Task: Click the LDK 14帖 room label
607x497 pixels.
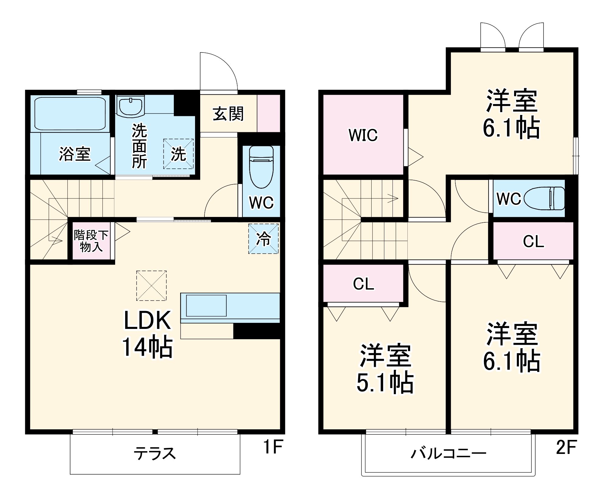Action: [148, 334]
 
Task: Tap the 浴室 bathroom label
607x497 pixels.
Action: [75, 154]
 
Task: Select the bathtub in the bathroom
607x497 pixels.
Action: [70, 113]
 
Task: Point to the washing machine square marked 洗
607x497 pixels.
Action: [178, 154]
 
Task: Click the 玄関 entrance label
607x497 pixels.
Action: [228, 114]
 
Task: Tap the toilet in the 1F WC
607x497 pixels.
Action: [261, 170]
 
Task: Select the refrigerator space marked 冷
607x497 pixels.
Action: [263, 239]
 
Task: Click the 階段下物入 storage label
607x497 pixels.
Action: [91, 241]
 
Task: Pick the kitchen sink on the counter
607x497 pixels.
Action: [206, 305]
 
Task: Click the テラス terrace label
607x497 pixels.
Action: [155, 454]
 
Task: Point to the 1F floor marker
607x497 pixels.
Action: [273, 447]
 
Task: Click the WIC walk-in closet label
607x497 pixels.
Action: [363, 135]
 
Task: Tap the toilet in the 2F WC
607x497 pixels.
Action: [545, 198]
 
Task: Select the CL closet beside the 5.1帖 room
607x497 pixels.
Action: [363, 284]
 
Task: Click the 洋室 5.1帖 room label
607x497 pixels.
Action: [385, 369]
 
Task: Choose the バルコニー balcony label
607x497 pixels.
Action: [448, 454]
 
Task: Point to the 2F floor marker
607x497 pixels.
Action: [566, 447]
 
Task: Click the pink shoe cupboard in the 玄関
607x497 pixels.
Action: [269, 113]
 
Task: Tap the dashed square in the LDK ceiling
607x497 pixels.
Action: [151, 286]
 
